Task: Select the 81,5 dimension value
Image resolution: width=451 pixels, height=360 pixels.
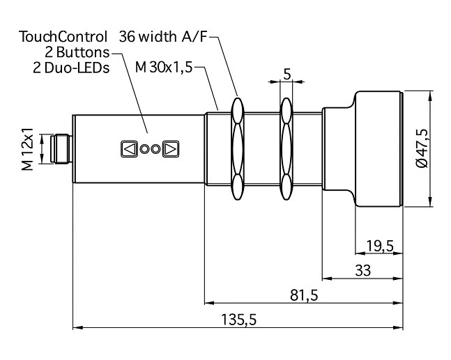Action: (303, 295)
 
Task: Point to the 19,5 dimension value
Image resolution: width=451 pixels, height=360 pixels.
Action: (379, 246)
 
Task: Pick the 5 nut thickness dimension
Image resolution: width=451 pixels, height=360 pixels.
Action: (286, 74)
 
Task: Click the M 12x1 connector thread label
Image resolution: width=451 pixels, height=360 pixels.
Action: (28, 149)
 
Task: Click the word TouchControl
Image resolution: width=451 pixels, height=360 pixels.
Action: (63, 36)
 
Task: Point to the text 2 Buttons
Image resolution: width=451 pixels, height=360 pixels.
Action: (77, 52)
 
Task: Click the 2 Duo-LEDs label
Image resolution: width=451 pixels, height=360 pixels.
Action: (71, 68)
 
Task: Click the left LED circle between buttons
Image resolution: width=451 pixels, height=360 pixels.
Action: (144, 148)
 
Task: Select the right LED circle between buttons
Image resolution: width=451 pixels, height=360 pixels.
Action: (155, 148)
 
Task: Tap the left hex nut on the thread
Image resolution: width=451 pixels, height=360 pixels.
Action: (237, 149)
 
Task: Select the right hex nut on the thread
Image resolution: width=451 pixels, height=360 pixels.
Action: (286, 149)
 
